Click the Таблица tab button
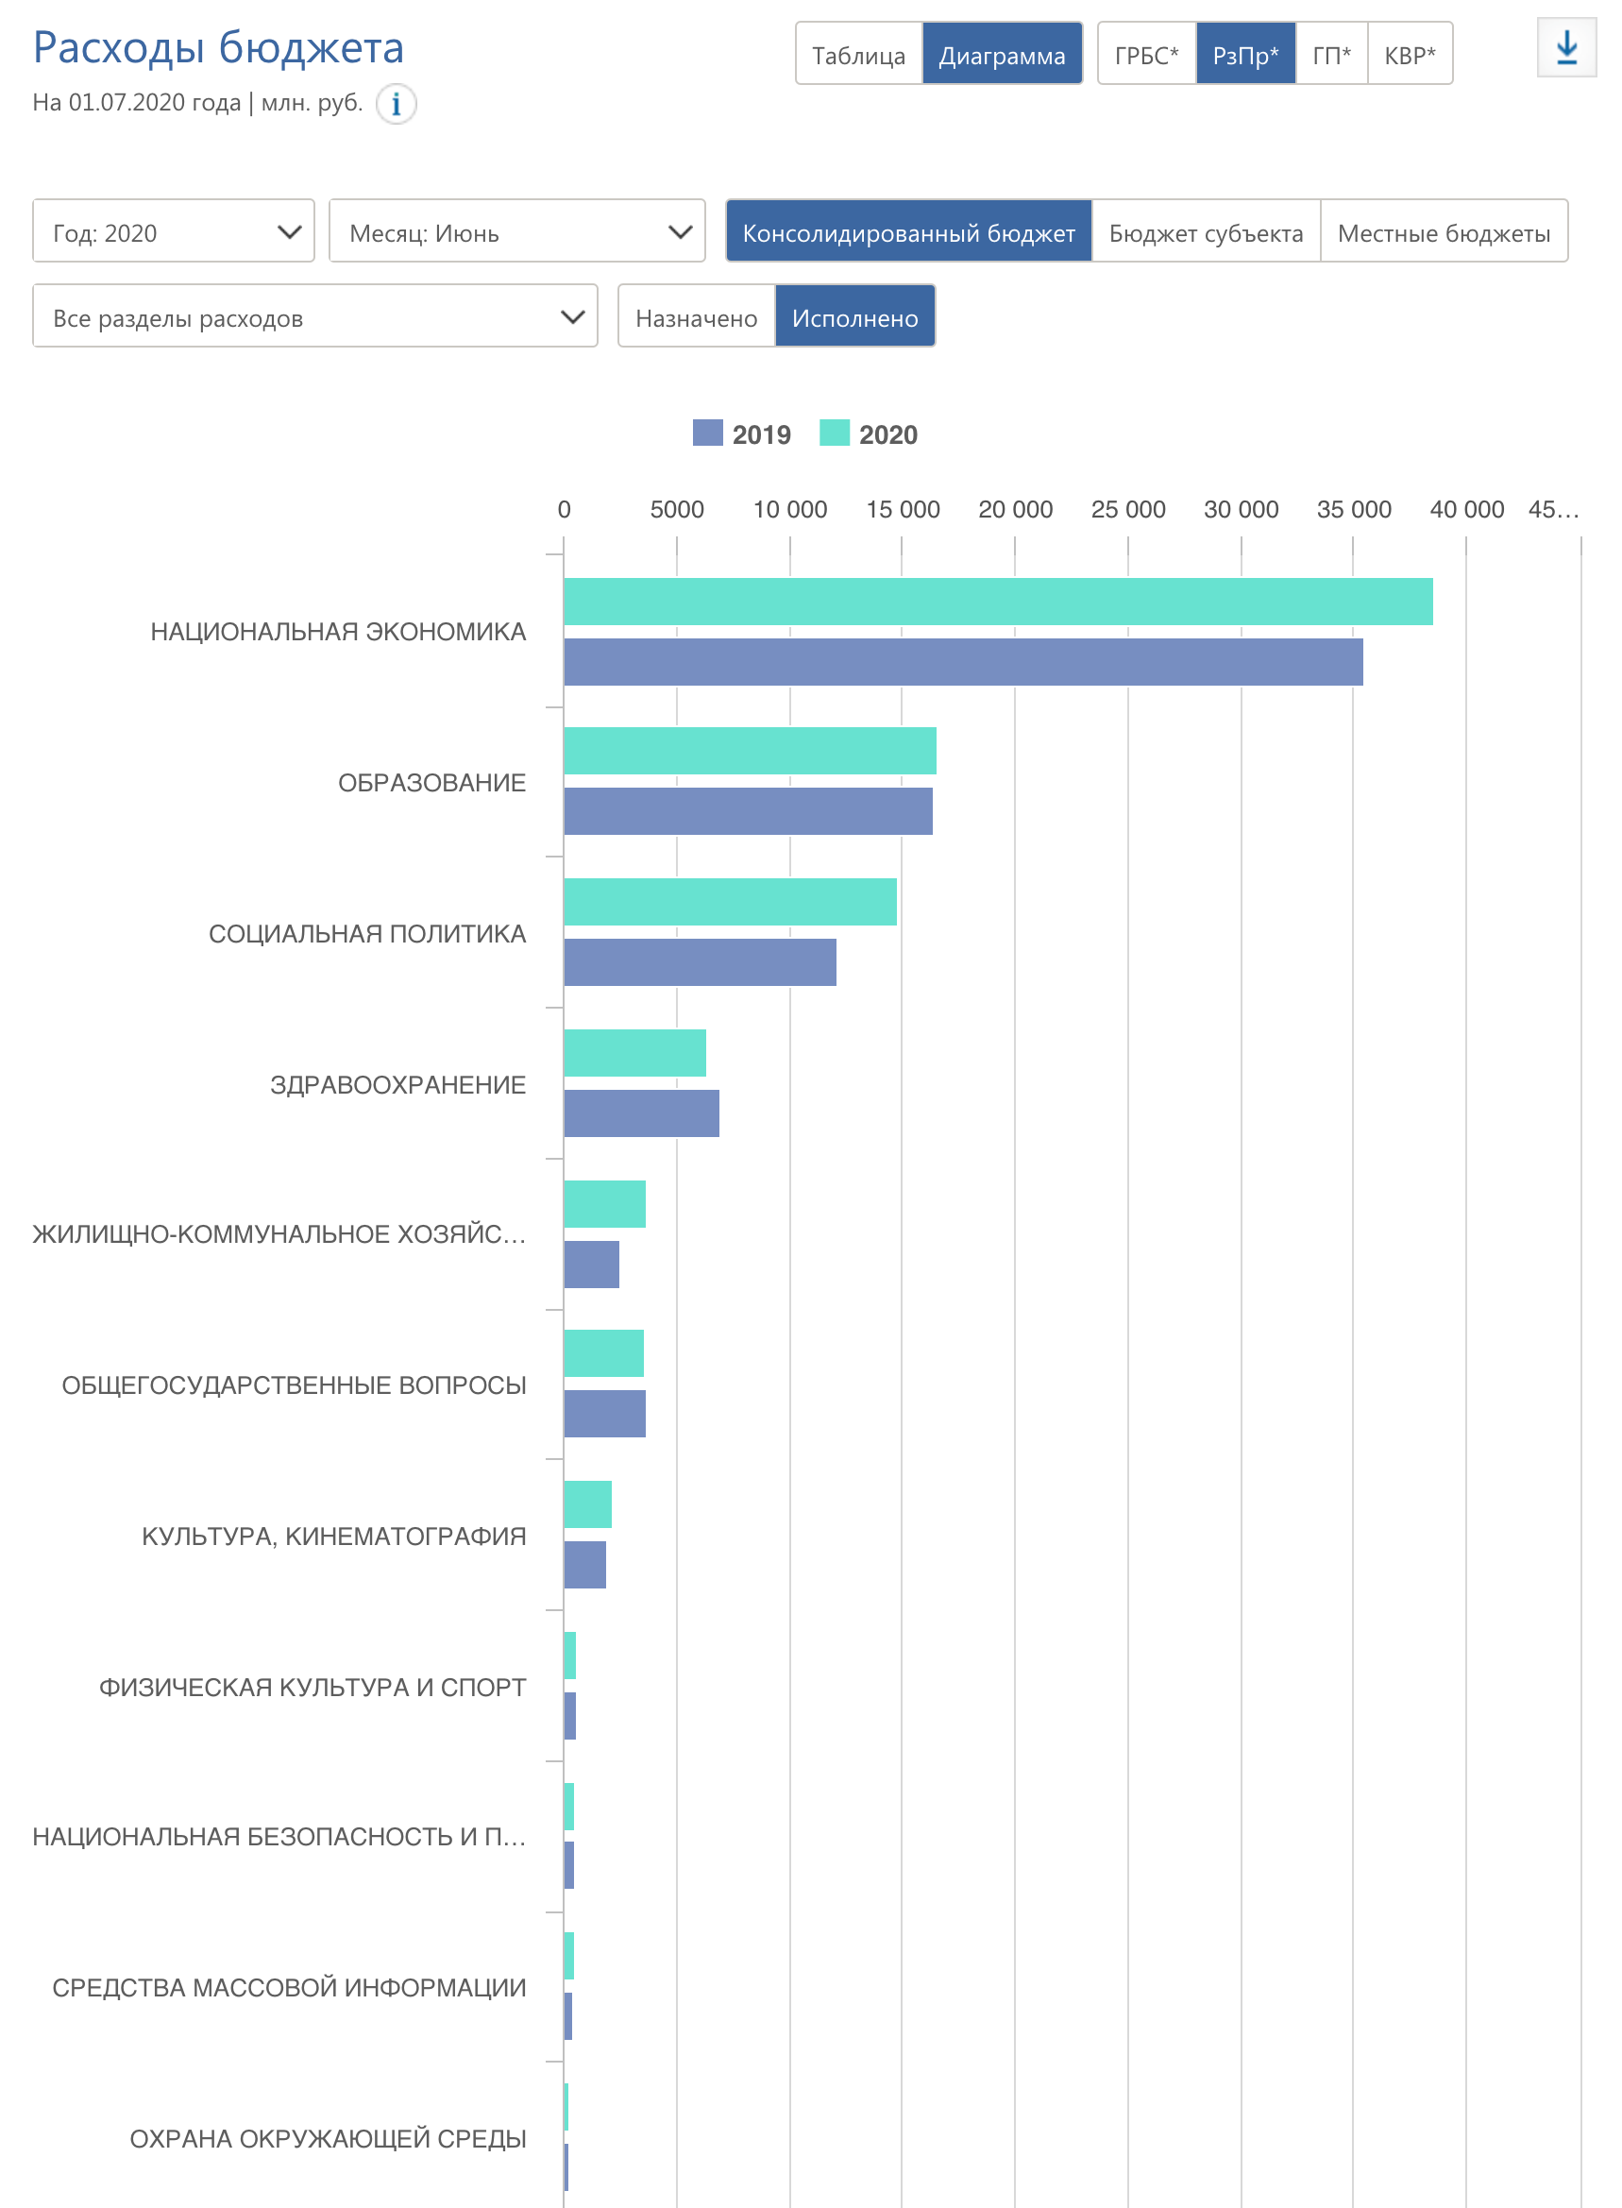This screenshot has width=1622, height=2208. point(858,54)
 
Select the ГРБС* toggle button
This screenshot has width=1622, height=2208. point(1146,54)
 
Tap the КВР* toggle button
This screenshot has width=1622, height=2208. point(1409,54)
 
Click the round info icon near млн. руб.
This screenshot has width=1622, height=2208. point(396,103)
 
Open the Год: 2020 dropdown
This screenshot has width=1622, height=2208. point(173,231)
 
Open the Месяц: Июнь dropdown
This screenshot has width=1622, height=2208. point(516,231)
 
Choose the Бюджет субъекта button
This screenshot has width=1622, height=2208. point(1206,231)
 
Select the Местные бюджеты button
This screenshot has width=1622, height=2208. point(1444,231)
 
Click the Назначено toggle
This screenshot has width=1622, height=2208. point(696,316)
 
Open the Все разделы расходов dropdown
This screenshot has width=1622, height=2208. point(314,316)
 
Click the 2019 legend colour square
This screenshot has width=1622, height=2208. point(707,433)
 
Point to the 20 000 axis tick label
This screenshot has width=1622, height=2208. point(1015,510)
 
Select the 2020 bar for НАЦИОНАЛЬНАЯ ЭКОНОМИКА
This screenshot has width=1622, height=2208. point(998,602)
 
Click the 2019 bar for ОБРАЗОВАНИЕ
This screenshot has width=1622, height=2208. point(747,811)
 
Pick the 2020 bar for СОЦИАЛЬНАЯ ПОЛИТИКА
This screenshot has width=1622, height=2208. point(730,902)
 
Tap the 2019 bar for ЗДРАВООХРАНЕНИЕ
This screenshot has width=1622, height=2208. point(641,1113)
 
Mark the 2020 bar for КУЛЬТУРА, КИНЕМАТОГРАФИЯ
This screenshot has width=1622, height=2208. point(587,1504)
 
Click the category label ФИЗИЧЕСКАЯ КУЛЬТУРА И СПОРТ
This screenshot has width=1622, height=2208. point(313,1688)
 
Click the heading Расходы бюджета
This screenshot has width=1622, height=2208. point(218,47)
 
